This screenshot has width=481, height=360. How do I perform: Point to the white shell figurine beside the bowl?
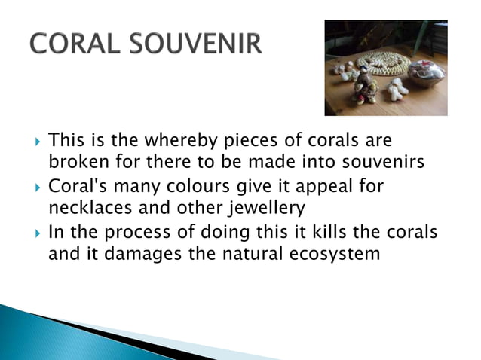(x=397, y=89)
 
